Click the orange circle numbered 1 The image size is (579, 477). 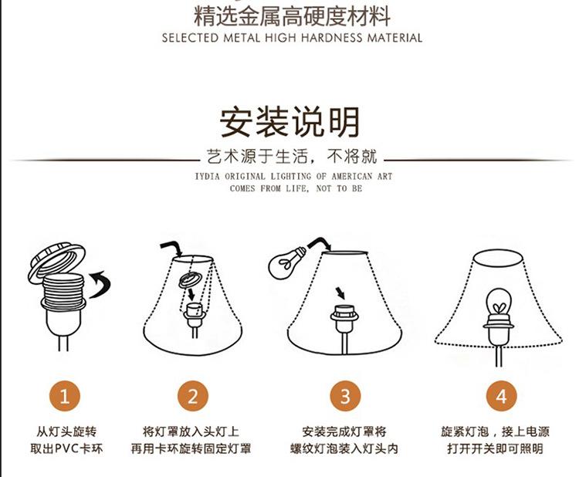65,396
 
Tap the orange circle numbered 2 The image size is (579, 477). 193,396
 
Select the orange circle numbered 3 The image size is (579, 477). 345,396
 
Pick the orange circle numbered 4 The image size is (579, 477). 501,396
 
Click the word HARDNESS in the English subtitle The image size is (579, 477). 332,38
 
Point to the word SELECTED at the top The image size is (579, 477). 190,38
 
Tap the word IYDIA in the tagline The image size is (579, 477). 207,177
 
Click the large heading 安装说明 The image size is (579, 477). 289,122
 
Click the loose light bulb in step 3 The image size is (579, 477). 286,262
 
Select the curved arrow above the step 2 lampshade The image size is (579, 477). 171,248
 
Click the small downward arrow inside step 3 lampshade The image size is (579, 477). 340,293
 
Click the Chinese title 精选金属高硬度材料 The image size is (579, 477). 292,17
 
